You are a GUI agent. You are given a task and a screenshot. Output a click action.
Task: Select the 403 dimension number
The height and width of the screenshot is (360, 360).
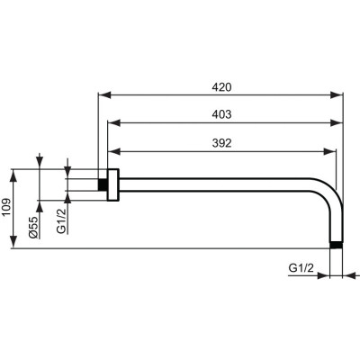pos(222,115)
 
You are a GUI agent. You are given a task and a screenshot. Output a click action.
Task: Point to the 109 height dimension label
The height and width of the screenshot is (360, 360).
pos(6,209)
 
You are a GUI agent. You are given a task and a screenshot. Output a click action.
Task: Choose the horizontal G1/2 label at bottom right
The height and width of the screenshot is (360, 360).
pos(301,268)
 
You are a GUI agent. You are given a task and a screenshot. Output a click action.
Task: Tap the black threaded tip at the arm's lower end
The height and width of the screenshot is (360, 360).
pos(337,245)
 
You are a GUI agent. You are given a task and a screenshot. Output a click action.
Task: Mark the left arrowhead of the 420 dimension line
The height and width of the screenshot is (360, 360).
pos(102,94)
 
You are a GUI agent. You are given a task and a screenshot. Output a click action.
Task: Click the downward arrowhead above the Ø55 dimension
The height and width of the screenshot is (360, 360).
pos(40,163)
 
